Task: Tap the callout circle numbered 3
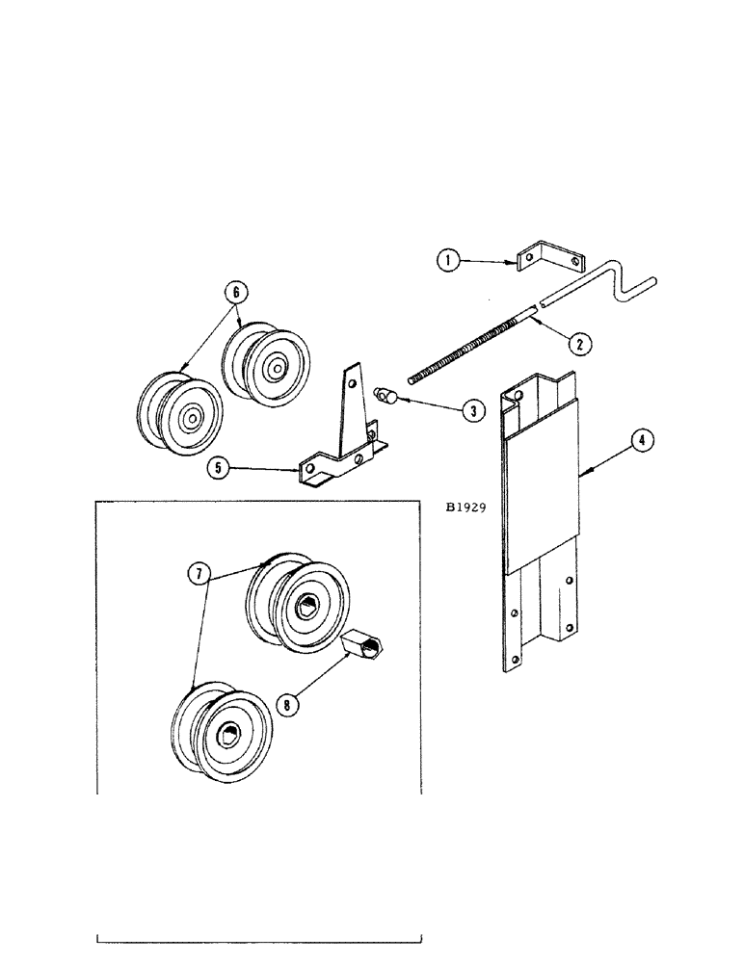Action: click(472, 410)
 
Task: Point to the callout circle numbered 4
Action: click(640, 441)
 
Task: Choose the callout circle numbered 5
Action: click(220, 469)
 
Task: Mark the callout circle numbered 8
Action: click(285, 703)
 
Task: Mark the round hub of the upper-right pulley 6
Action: click(277, 366)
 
